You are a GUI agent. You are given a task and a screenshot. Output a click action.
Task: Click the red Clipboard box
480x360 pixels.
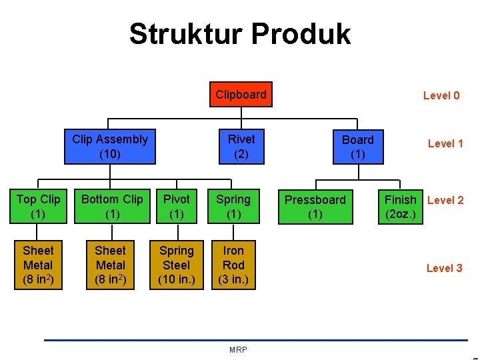(x=241, y=95)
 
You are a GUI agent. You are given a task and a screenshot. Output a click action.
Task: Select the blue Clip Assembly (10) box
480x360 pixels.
(x=110, y=147)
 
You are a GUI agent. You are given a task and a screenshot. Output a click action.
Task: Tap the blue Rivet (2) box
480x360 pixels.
(x=241, y=147)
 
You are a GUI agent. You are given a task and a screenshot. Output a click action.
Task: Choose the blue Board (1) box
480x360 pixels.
(x=358, y=147)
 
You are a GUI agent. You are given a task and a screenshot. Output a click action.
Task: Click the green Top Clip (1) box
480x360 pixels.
(x=38, y=207)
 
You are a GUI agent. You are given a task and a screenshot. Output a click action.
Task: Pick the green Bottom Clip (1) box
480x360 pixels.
(x=112, y=207)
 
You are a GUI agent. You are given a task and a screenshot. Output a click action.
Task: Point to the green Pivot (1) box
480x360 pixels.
(x=177, y=207)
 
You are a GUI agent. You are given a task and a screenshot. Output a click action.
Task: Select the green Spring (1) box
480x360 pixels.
(x=233, y=207)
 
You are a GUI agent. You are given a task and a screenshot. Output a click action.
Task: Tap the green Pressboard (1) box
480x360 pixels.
(x=315, y=207)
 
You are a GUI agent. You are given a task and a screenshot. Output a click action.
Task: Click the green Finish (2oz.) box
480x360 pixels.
(x=401, y=207)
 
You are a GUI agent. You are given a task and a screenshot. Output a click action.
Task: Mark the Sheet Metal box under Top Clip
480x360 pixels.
(x=38, y=265)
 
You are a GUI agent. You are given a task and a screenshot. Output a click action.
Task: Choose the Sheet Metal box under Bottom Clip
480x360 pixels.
(x=110, y=265)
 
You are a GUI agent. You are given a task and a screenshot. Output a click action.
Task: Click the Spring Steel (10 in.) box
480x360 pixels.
(x=177, y=265)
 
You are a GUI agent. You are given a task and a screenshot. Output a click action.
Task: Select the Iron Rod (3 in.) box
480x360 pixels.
(x=233, y=265)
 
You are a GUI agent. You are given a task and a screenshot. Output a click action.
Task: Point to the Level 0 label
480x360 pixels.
(x=441, y=95)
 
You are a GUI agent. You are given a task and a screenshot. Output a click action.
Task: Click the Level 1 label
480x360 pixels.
(x=445, y=143)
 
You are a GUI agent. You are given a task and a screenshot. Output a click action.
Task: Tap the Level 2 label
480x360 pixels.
(x=445, y=200)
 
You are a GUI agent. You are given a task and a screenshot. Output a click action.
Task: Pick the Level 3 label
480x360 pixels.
(x=444, y=268)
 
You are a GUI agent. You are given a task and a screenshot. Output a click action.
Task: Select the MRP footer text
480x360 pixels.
(x=238, y=350)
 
